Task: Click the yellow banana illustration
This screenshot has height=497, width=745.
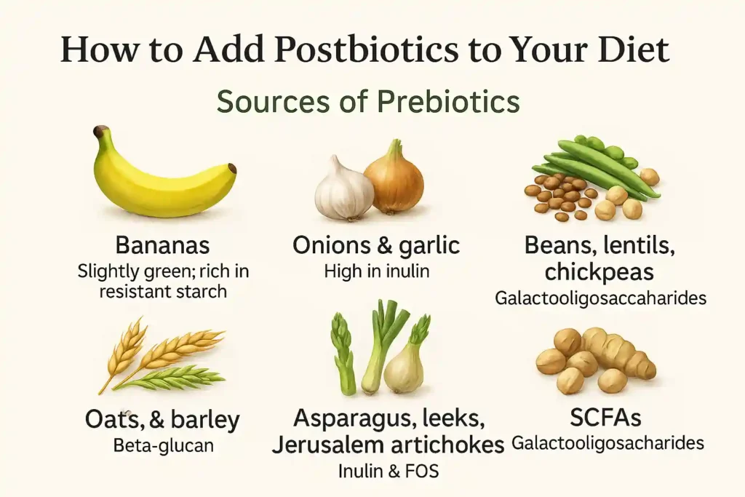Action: (x=164, y=178)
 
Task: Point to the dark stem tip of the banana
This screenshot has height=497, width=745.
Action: (x=100, y=132)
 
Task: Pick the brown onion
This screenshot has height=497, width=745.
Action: (x=394, y=180)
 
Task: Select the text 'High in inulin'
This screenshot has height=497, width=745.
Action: (x=376, y=272)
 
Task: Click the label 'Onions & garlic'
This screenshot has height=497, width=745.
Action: (x=376, y=246)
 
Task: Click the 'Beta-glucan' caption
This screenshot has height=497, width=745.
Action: (x=164, y=445)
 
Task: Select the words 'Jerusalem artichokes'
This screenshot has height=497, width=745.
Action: (x=388, y=444)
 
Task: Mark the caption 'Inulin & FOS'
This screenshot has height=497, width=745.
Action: (x=389, y=471)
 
